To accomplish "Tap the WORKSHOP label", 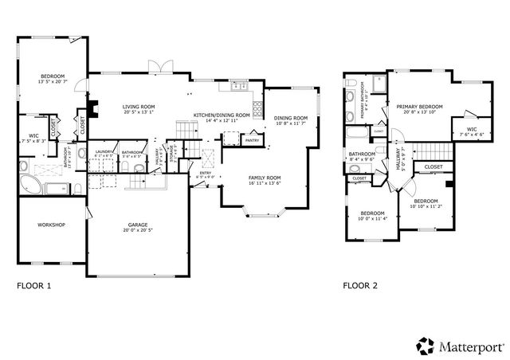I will coord(50,225).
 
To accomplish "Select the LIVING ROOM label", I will coord(138,106).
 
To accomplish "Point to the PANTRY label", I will coord(253,140).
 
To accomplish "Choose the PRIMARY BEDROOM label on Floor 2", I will coord(419,105).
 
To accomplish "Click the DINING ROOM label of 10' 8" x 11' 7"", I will coord(292,119).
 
